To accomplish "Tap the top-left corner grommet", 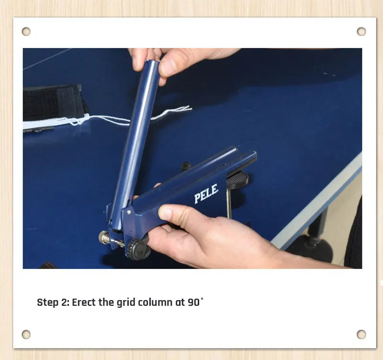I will (26, 32).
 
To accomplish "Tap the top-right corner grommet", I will (361, 32).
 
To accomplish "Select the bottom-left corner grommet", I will (26, 334).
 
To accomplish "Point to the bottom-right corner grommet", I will (361, 334).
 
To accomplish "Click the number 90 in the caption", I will (193, 303).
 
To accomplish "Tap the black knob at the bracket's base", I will (138, 249).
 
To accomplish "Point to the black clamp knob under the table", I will (237, 179).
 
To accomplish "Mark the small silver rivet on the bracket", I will (128, 210).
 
